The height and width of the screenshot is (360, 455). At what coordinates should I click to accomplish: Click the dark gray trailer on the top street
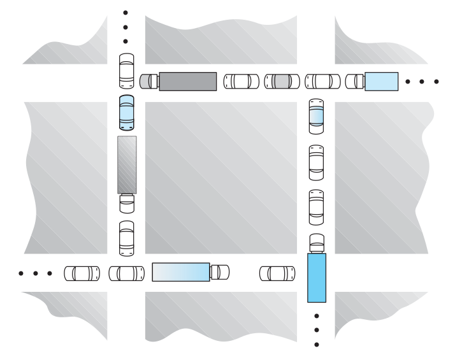(x=187, y=81)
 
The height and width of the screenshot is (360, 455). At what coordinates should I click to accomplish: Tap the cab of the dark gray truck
(x=148, y=81)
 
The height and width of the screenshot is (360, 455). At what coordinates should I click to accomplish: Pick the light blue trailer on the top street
(x=381, y=81)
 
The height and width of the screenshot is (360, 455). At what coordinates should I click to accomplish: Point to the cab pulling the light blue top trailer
(x=354, y=81)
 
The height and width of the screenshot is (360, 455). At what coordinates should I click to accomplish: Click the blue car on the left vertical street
(x=127, y=112)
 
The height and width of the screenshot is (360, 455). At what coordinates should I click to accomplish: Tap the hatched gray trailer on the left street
(x=127, y=164)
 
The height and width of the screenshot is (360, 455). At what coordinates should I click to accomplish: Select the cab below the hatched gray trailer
(x=127, y=203)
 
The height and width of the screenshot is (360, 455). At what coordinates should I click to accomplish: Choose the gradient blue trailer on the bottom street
(x=181, y=271)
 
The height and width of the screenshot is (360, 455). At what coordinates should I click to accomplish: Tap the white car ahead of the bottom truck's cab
(x=277, y=272)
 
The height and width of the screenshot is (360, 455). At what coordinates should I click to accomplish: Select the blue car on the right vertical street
(x=316, y=117)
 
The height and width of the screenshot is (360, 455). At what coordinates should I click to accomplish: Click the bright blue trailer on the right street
(x=316, y=278)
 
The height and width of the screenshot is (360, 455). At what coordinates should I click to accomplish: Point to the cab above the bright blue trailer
(x=316, y=243)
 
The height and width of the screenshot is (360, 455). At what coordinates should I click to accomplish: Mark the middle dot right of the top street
(x=423, y=82)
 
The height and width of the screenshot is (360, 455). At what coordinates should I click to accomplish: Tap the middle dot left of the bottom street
(x=36, y=274)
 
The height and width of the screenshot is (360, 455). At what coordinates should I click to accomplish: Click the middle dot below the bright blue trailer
(x=317, y=330)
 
